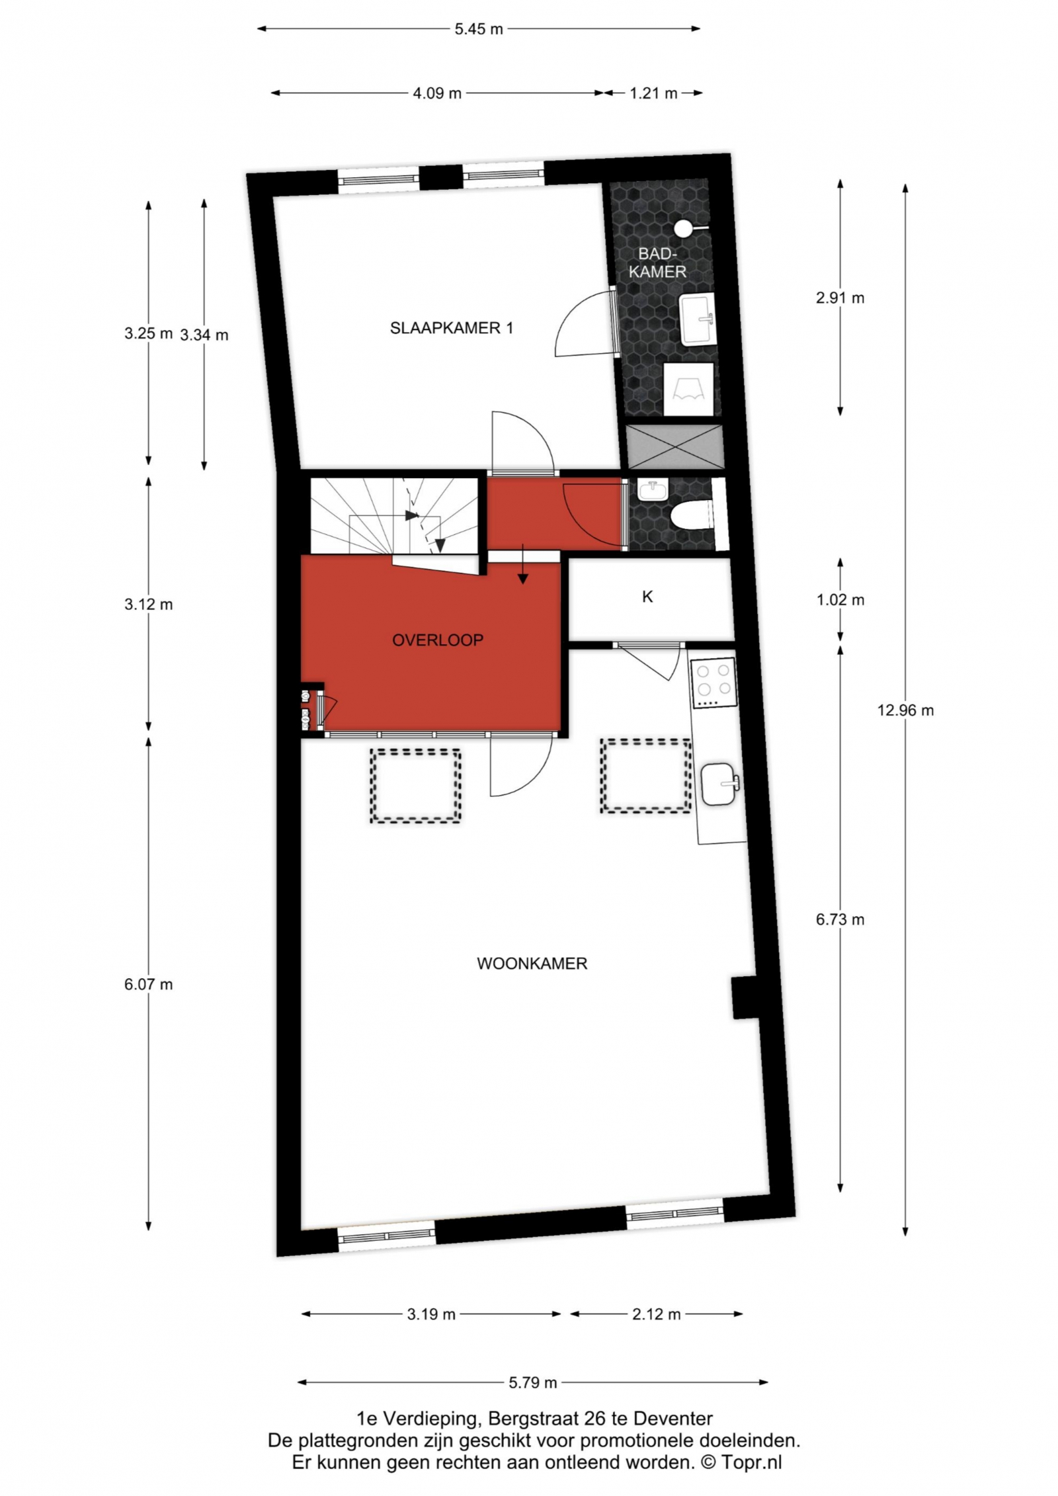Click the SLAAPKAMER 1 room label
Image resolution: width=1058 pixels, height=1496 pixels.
(451, 328)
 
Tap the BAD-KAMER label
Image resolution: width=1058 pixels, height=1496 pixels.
(657, 263)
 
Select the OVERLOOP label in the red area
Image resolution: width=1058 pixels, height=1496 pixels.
(438, 640)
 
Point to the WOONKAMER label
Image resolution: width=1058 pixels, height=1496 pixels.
(532, 964)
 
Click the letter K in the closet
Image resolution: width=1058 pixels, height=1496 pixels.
(647, 597)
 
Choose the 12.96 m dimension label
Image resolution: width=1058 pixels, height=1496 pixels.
(905, 710)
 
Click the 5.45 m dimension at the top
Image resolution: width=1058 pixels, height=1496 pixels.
(479, 29)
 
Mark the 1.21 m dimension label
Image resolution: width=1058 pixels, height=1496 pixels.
(653, 93)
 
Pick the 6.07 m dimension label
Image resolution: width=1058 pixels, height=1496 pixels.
(148, 984)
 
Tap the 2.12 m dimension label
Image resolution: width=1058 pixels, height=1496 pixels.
(656, 1314)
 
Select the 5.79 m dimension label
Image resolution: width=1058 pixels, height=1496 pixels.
(533, 1382)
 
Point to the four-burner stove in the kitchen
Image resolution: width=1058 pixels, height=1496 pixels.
(713, 683)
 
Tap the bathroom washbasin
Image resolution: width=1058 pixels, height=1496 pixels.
(698, 320)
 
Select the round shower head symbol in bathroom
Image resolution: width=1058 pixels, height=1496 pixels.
(682, 228)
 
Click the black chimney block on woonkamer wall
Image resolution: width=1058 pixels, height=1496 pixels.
(743, 998)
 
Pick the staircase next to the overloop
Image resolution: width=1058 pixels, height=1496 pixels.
(394, 517)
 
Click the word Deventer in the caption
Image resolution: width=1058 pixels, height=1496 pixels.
(672, 1419)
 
